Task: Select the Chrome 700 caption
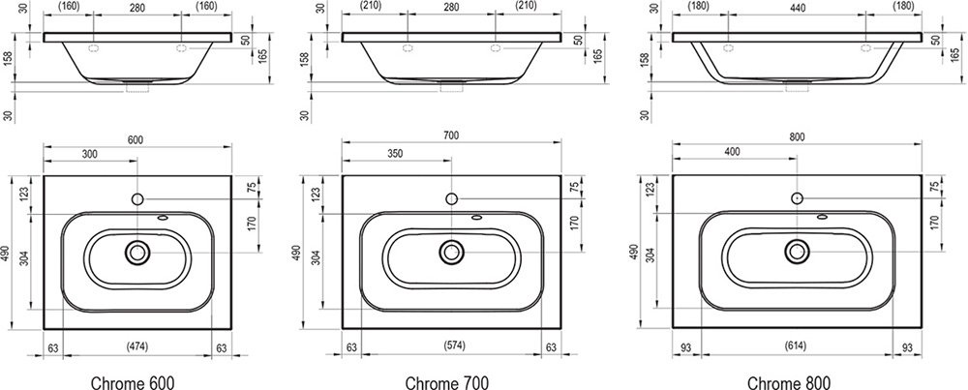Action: [447, 382]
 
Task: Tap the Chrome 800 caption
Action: [788, 382]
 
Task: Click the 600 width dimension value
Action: [136, 139]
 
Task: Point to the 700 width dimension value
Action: [451, 135]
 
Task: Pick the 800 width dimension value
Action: [797, 137]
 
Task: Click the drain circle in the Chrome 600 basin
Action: [137, 252]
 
